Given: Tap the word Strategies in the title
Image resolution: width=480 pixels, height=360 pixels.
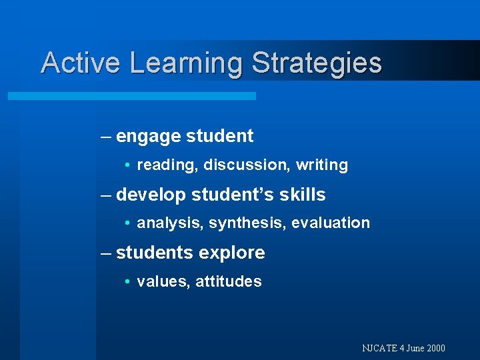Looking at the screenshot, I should [317, 64].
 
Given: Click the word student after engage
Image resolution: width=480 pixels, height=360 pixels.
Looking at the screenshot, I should [219, 136].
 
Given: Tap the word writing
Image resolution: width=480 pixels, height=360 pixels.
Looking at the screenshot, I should [322, 165].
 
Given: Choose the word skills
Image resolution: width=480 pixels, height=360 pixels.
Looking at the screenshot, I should [303, 195].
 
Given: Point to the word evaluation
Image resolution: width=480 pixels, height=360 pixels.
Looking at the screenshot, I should [331, 223].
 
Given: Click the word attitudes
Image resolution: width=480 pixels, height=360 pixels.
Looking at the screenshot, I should [229, 281].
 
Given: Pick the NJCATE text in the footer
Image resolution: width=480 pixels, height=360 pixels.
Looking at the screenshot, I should [380, 348].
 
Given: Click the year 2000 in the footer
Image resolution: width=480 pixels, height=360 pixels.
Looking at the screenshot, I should [435, 348].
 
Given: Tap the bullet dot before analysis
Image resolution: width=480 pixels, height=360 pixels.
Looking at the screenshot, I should [127, 223].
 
